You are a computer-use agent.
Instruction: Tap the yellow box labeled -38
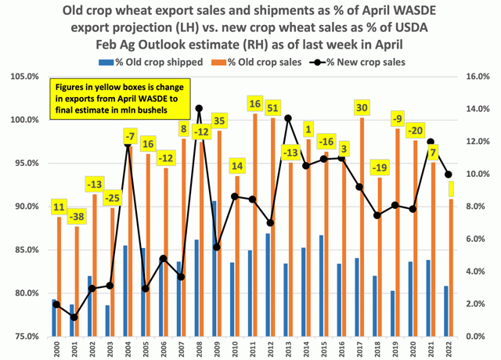[x=75, y=216]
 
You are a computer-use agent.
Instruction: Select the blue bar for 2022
[x=446, y=311]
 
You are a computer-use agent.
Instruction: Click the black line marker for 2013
[x=288, y=118]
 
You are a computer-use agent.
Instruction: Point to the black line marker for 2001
[x=74, y=317]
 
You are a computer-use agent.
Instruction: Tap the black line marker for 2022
[x=449, y=175]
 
